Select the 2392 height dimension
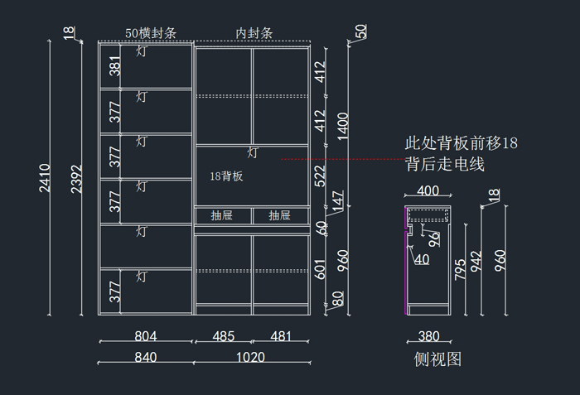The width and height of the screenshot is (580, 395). tap(77, 177)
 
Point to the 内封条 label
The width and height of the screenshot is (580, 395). tap(254, 34)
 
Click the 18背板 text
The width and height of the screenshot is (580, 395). tap(226, 176)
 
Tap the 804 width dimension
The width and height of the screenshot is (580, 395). tap(145, 336)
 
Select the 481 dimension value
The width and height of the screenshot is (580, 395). tap(282, 336)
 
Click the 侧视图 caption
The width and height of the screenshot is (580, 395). tap(437, 359)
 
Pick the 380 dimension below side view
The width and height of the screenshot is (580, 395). tap(428, 336)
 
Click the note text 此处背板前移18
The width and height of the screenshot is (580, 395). tap(461, 143)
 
